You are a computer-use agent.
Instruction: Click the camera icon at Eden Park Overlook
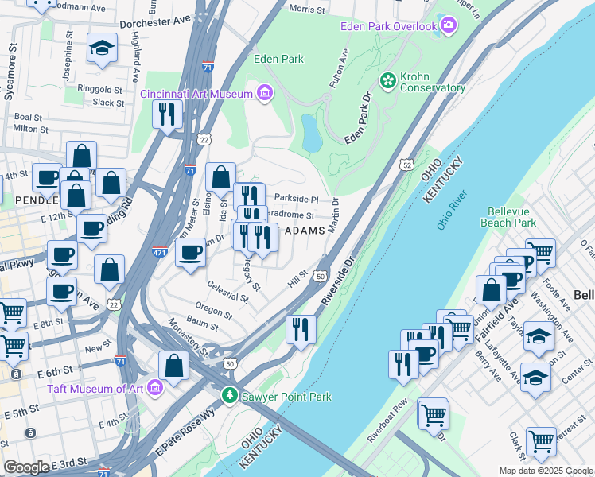pyautogui.click(x=449, y=27)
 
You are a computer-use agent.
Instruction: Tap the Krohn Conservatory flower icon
pyautogui.click(x=388, y=80)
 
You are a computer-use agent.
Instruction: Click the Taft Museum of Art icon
pyautogui.click(x=155, y=389)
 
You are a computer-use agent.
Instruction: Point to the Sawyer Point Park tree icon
pyautogui.click(x=230, y=394)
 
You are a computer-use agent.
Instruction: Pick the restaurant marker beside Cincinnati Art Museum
pyautogui.click(x=167, y=114)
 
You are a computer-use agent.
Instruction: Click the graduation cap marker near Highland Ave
pyautogui.click(x=102, y=48)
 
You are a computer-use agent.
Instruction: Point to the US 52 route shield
pyautogui.click(x=406, y=165)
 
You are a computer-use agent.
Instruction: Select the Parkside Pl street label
pyautogui.click(x=296, y=199)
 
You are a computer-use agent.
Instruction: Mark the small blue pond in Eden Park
pyautogui.click(x=311, y=132)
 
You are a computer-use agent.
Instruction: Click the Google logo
pyautogui.click(x=27, y=467)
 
